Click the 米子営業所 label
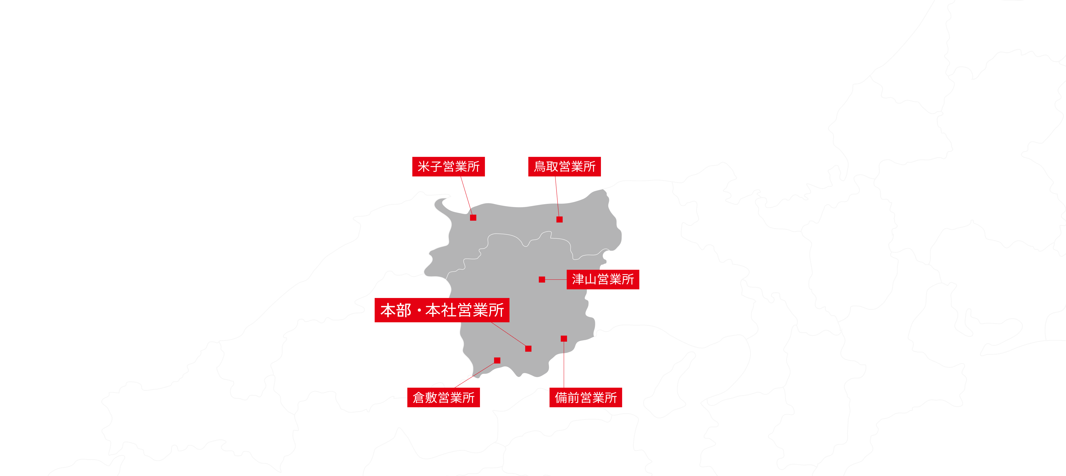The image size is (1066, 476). click(448, 167)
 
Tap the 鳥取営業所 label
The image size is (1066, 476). click(564, 167)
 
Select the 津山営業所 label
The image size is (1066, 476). click(602, 279)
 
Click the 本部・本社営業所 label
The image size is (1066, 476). click(442, 310)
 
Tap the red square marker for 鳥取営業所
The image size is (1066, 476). click(559, 219)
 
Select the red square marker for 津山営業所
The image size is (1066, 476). click(542, 280)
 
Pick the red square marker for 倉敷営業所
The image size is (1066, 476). click(497, 360)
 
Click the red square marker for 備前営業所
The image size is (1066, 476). click(564, 339)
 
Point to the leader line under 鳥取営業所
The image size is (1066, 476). click(557, 196)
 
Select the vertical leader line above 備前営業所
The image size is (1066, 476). click(564, 364)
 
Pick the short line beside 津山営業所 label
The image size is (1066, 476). click(555, 280)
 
